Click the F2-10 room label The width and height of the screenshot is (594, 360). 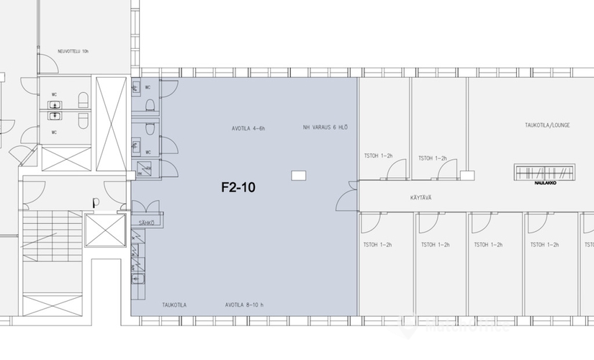pos(238,188)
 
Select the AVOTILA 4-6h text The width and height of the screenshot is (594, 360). pos(249,128)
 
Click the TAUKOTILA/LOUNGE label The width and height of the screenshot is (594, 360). pos(547,125)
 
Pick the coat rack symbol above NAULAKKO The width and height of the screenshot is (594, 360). pos(545,172)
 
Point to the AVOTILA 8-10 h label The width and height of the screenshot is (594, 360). pos(245,305)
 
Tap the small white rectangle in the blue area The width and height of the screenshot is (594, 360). pos(298,174)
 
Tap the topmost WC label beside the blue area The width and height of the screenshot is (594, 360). pos(148,88)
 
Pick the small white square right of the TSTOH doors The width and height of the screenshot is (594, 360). pos(467,174)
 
